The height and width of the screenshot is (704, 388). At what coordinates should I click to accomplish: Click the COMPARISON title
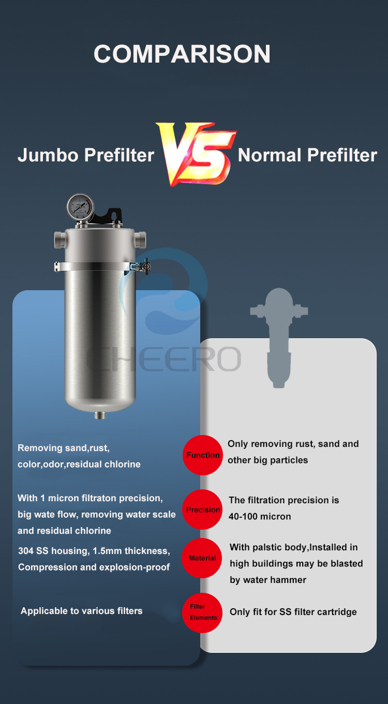tap(182, 54)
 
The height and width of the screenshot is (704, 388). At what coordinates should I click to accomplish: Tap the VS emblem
tap(196, 154)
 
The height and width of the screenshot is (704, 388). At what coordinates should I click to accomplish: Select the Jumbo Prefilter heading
tap(86, 155)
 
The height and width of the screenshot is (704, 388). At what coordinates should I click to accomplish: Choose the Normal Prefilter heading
tap(307, 155)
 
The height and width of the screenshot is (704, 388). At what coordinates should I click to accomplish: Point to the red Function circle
tap(203, 455)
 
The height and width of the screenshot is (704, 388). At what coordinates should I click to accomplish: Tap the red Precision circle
tap(203, 510)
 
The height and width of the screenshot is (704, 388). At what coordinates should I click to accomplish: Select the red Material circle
tap(202, 558)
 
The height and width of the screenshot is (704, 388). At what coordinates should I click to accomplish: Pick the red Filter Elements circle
tap(202, 612)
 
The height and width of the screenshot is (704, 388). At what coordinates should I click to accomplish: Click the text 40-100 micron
tap(260, 516)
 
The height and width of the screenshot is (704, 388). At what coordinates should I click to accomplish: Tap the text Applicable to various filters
tap(81, 611)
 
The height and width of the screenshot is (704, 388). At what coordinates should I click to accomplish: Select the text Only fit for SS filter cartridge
tap(293, 612)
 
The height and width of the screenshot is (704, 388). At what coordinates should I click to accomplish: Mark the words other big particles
tap(267, 460)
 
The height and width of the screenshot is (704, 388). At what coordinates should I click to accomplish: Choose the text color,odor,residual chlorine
tap(79, 464)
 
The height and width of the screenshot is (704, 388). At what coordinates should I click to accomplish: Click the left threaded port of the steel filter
tap(58, 239)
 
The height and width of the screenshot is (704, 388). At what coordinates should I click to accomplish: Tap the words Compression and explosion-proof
tap(94, 567)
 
